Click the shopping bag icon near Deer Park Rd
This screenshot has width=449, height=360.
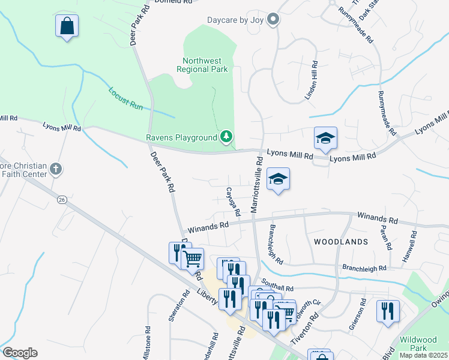click(67, 26)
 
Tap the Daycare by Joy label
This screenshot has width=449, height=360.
click(236, 20)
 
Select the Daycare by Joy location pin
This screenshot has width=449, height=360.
click(273, 20)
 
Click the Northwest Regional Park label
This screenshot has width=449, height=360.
click(202, 65)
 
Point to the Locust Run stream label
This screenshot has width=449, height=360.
click(125, 98)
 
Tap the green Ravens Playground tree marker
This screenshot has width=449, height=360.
click(226, 137)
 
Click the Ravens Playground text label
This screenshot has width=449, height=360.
click(181, 137)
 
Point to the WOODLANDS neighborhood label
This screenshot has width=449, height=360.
click(340, 242)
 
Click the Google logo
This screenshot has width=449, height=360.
click(20, 353)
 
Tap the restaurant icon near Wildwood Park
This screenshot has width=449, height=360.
click(388, 311)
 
